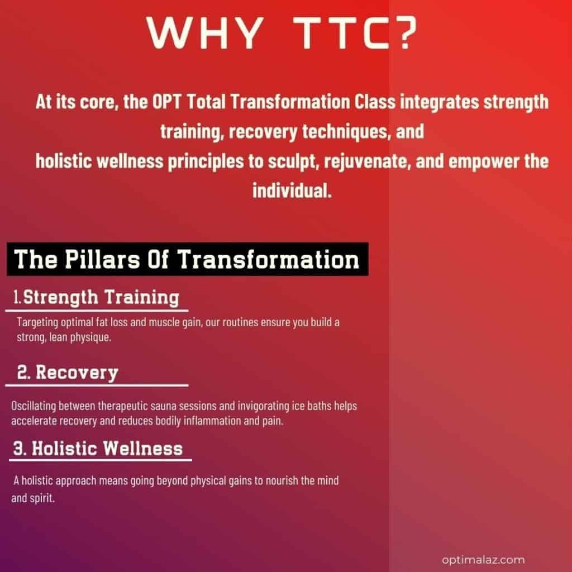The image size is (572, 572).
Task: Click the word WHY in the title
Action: point(204,33)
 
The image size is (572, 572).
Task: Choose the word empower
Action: point(484,161)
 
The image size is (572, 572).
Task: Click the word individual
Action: point(292,190)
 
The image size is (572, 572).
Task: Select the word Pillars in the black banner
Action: point(103,259)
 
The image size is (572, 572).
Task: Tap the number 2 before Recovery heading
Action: point(23,373)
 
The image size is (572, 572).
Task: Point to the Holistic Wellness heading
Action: point(98,449)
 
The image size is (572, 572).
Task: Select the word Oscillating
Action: point(33,407)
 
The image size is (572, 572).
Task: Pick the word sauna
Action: point(164,406)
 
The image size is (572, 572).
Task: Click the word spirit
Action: point(42,498)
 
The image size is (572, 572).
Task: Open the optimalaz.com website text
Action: point(483,560)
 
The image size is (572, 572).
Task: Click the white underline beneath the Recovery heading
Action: point(97,385)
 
